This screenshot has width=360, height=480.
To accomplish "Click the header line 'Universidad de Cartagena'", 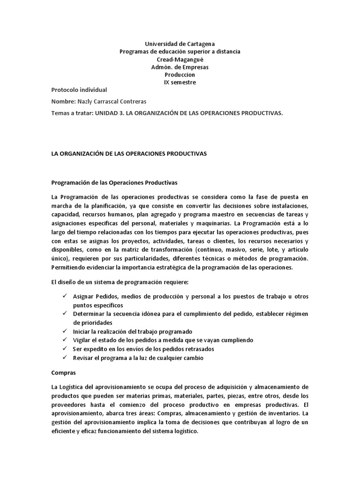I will coord(180,44).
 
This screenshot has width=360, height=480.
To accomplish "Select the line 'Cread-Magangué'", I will coord(180,59).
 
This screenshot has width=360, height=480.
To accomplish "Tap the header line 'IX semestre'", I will coord(180,82).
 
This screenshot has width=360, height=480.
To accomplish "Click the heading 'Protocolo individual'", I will coord(79,90).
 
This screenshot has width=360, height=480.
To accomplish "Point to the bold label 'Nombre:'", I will coord(63,101).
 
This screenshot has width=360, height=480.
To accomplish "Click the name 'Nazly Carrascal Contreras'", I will coord(113,101).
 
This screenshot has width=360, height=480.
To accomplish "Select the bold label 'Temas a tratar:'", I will coord(72,113).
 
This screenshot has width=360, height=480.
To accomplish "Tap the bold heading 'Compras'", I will coord(63,373).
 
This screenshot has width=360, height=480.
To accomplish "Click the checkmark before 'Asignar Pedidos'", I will coord(64,297).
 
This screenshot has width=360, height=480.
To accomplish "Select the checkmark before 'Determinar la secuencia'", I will coord(64,313).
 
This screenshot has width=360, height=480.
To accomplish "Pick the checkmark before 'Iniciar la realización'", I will coord(64,331).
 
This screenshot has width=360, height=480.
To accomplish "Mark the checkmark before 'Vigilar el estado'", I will coord(64,340).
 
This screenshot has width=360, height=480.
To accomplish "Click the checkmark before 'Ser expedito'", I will coord(64,349).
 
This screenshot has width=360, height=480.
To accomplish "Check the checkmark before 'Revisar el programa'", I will coord(64,358).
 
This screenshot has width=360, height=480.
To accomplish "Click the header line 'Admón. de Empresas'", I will coord(180,67).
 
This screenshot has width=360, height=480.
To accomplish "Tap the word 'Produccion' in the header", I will coord(180,75).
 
